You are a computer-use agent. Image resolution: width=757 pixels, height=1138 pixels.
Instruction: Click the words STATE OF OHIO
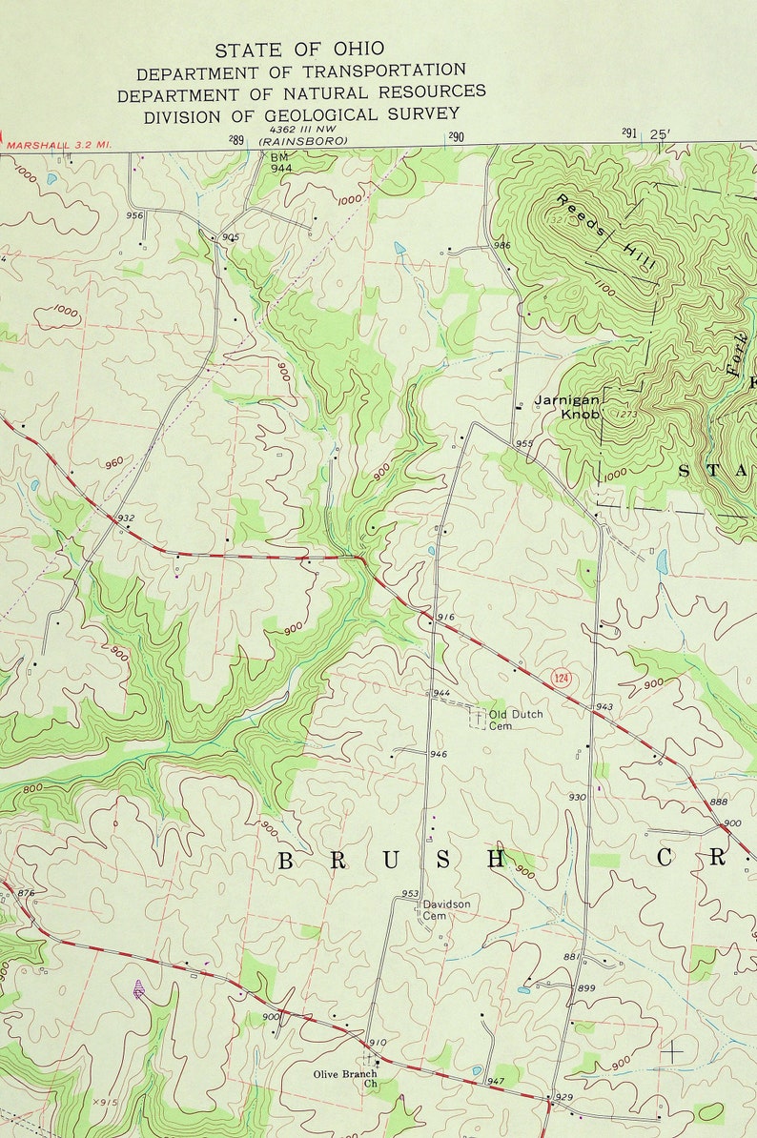pos(299,50)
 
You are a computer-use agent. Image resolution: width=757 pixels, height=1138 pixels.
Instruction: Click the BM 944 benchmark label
pos(280,161)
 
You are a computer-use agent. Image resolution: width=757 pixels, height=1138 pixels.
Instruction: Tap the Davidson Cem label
pos(446,909)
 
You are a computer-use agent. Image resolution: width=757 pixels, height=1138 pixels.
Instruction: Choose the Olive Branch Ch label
pos(345,1080)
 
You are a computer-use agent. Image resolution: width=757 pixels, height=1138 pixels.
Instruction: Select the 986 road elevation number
pos(501,246)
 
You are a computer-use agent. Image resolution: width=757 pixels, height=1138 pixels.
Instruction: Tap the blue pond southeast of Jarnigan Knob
pos(662,561)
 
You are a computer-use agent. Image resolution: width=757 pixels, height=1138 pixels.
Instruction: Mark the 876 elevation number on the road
pos(26,893)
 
